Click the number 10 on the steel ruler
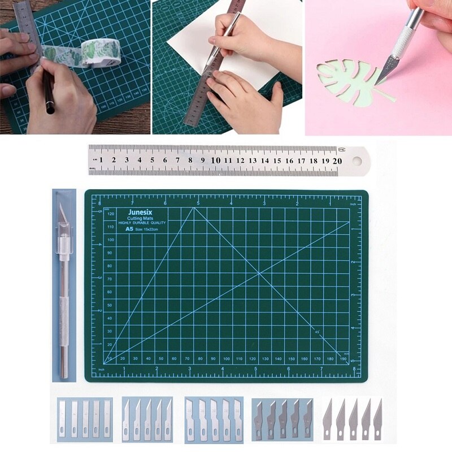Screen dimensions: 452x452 [215, 160]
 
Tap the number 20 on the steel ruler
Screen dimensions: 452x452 [337, 160]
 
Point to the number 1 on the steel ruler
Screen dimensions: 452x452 [101, 160]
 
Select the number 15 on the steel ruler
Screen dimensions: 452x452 [277, 160]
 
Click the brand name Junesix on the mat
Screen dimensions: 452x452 [137, 214]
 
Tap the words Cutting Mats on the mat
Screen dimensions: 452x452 [137, 219]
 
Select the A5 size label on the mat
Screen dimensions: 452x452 [129, 229]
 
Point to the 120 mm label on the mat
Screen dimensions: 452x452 [111, 214]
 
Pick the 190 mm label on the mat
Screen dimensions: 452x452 [343, 359]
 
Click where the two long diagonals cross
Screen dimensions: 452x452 [259, 274]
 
